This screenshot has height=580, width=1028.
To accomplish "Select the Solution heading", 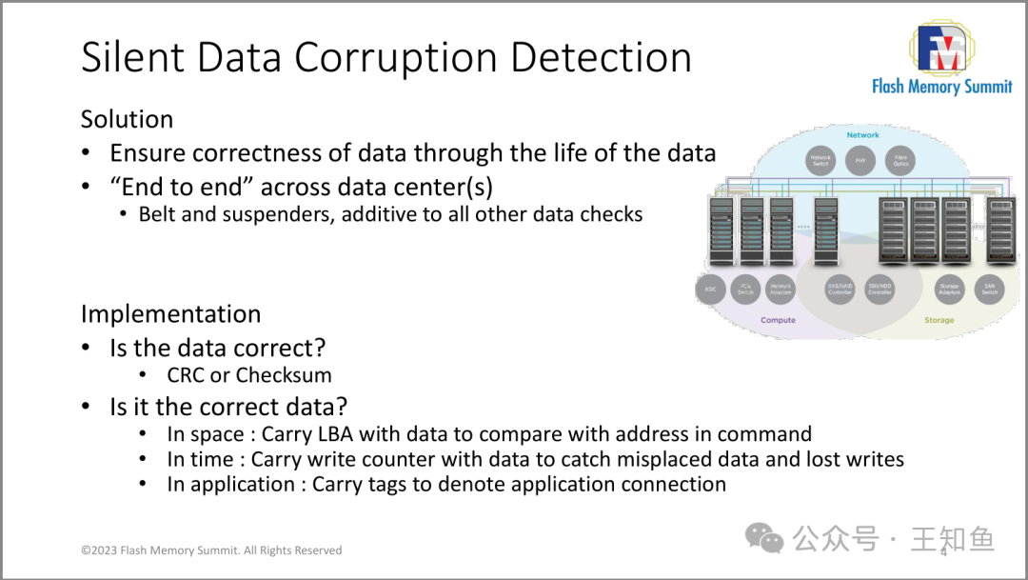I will point(127,119).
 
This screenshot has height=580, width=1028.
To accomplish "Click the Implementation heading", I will point(170,313).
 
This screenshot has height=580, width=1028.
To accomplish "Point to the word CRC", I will point(186,375).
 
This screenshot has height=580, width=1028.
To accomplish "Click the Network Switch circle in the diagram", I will point(820,160).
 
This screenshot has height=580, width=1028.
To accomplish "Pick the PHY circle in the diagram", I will point(860,160).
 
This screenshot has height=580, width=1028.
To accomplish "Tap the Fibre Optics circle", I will point(900,160).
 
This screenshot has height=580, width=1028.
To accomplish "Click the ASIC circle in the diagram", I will point(711,289).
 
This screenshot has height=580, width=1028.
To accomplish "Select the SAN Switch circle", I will point(990,289).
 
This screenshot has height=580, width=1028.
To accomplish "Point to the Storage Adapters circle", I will point(949,289).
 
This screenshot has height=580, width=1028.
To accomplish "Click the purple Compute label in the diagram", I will point(778,321).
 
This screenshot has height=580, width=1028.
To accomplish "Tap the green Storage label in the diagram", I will point(939,321).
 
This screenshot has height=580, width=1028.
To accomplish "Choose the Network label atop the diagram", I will point(862,135).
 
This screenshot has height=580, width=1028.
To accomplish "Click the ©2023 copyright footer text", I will point(211,550).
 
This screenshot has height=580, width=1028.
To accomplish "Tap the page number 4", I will point(943,551).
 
